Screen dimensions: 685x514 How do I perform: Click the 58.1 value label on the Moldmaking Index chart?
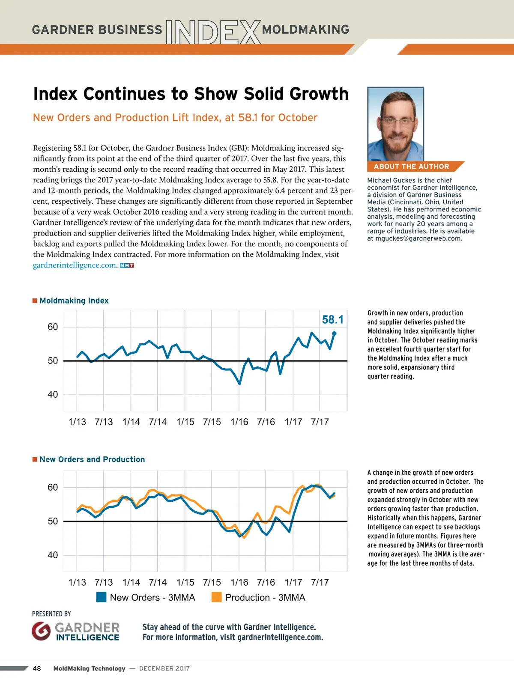[x=332, y=320]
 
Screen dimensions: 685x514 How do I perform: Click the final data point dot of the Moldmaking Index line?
[x=334, y=333]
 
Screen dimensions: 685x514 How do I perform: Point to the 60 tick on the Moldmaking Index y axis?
[x=53, y=327]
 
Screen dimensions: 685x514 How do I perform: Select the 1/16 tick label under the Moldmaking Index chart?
[x=239, y=422]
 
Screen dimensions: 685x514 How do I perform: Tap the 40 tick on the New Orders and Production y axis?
[x=53, y=555]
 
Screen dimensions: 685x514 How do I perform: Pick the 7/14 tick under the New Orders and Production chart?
[x=158, y=583]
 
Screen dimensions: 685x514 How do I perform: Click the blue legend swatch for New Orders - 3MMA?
[x=102, y=597]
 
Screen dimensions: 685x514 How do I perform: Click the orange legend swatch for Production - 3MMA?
[x=217, y=597]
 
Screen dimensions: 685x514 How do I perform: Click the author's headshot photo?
[x=395, y=124]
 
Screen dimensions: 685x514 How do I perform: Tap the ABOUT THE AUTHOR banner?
[x=412, y=167]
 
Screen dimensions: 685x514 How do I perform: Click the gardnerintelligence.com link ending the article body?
[x=75, y=265]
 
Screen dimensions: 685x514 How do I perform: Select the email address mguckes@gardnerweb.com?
[x=418, y=238]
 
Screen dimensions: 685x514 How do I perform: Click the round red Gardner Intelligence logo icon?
[x=41, y=631]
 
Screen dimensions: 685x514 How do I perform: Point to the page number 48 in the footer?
[x=37, y=668]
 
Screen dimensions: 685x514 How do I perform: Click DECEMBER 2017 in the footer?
[x=164, y=668]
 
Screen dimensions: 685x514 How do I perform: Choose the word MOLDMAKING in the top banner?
[x=305, y=30]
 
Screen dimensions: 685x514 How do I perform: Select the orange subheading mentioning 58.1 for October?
[x=175, y=118]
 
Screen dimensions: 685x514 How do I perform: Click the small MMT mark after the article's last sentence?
[x=127, y=265]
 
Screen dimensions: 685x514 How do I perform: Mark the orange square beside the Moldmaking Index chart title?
[x=35, y=301]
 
